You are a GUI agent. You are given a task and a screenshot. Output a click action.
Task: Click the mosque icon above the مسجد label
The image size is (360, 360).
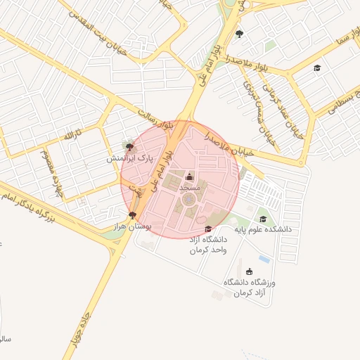(x=188, y=176)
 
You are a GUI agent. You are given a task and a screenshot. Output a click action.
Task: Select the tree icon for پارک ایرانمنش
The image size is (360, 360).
(x=129, y=147)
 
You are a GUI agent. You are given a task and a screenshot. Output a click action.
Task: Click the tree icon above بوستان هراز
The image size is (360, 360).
(x=132, y=215)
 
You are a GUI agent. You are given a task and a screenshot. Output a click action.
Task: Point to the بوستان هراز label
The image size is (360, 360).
(x=132, y=226)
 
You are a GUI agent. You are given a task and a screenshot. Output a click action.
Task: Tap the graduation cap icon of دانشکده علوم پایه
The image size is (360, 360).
(x=262, y=219)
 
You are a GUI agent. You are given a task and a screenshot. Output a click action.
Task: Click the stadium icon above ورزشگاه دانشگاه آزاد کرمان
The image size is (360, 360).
(x=249, y=271)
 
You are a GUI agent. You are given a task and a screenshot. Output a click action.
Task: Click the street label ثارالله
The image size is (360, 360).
(x=72, y=134)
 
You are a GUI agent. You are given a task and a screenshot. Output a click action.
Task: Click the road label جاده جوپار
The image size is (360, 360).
(x=78, y=329)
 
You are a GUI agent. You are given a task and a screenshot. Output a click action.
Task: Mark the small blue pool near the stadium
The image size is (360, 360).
(x=264, y=259)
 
